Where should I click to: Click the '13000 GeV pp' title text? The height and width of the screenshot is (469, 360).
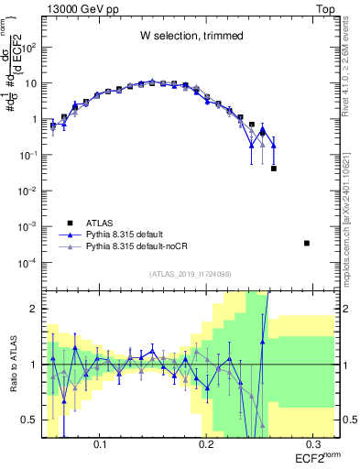click(80, 7)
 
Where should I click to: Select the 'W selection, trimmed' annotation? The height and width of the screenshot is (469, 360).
click(191, 36)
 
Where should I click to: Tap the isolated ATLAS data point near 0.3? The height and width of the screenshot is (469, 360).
click(307, 243)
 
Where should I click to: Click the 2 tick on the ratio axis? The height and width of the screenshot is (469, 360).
click(35, 309)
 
